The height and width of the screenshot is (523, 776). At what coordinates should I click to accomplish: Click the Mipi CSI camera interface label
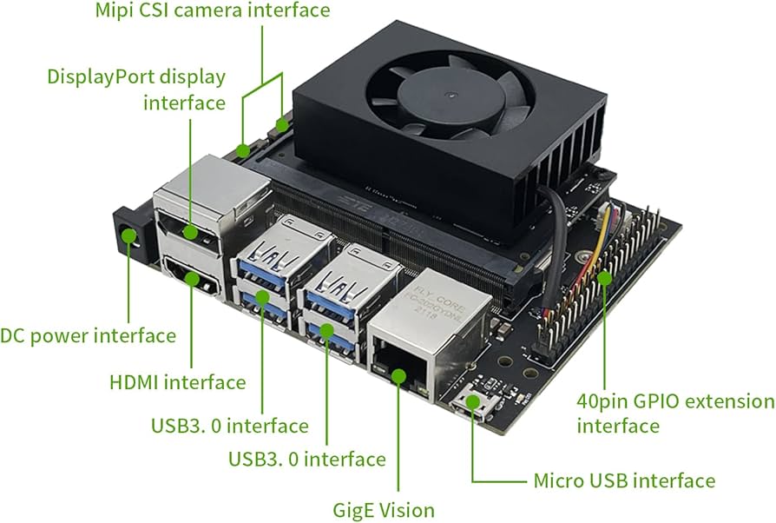[212, 11]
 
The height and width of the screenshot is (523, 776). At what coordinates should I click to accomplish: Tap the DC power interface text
[88, 335]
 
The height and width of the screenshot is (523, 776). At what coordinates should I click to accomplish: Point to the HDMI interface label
[177, 381]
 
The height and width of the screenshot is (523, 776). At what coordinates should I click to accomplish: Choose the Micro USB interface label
[623, 480]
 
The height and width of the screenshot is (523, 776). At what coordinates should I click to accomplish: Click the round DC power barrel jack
[129, 237]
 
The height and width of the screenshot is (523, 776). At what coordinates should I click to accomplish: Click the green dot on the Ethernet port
[398, 375]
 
